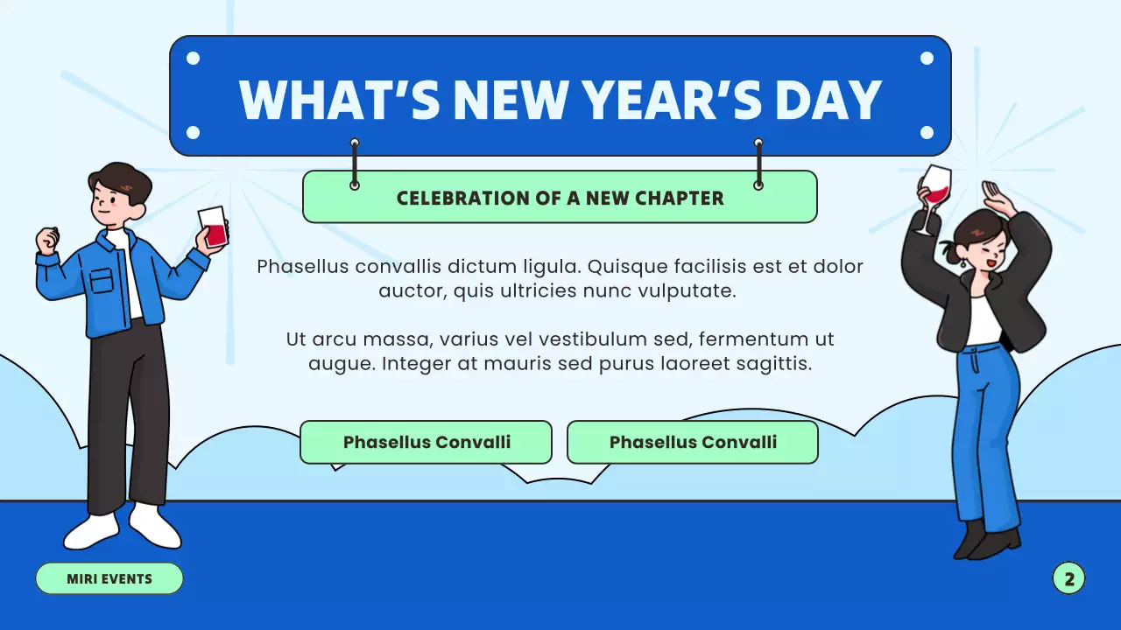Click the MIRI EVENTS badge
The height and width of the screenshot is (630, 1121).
point(109,578)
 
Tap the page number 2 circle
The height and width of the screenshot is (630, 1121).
point(1068,578)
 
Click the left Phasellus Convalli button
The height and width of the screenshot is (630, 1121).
point(427,442)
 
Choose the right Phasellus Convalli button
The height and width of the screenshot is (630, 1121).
point(693,442)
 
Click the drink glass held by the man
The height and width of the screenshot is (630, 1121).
point(213,227)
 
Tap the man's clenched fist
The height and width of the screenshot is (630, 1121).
point(48,239)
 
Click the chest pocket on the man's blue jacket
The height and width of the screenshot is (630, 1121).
point(102,280)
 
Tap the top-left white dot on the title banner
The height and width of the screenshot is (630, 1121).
point(194,59)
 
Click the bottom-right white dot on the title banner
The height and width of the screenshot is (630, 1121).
point(927,133)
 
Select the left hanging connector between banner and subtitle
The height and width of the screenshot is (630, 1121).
point(355,164)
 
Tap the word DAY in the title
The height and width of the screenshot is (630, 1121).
point(828,99)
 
